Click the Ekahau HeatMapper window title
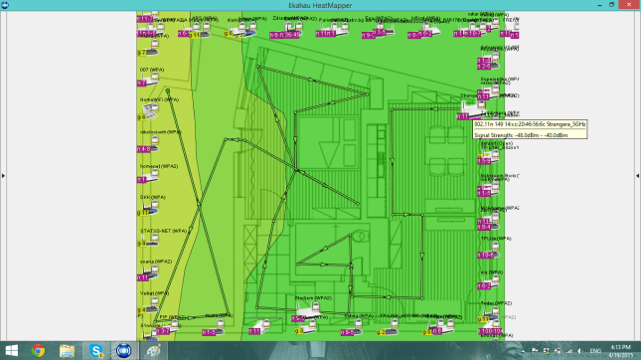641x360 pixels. pyautogui.click(x=320, y=5)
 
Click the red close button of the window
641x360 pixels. pyautogui.click(x=625, y=5)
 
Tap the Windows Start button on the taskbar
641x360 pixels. pyautogui.click(x=10, y=350)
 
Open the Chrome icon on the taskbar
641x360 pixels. pyautogui.click(x=39, y=350)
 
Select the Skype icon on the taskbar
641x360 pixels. pyautogui.click(x=96, y=350)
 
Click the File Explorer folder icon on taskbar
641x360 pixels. pyautogui.click(x=68, y=350)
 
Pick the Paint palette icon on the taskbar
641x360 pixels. pyautogui.click(x=154, y=350)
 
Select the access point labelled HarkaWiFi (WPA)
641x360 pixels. pyautogui.click(x=159, y=99)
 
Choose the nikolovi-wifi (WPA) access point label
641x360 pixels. pyautogui.click(x=161, y=132)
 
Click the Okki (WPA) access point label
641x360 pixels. pyautogui.click(x=152, y=197)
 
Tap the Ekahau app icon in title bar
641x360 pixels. pyautogui.click(x=5, y=5)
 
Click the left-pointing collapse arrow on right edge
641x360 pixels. pyautogui.click(x=635, y=175)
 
